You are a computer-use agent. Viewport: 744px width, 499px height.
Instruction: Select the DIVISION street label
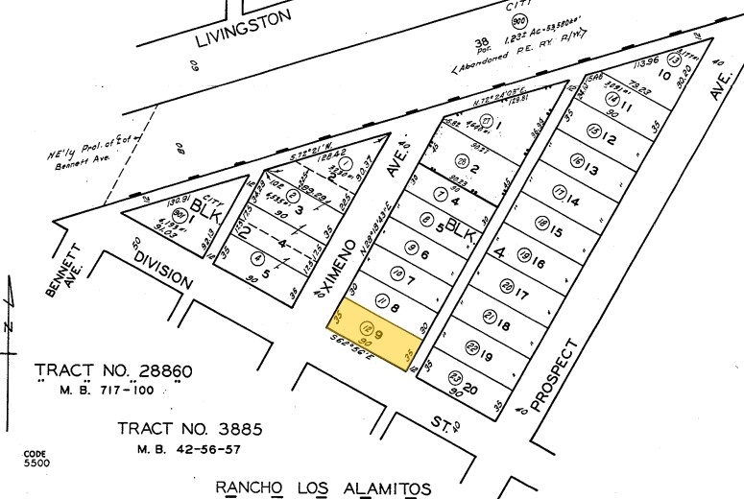[x=163, y=272]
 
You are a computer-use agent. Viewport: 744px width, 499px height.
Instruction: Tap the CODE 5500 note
[x=36, y=458]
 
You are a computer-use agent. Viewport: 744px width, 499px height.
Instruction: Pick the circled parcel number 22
[x=471, y=347]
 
